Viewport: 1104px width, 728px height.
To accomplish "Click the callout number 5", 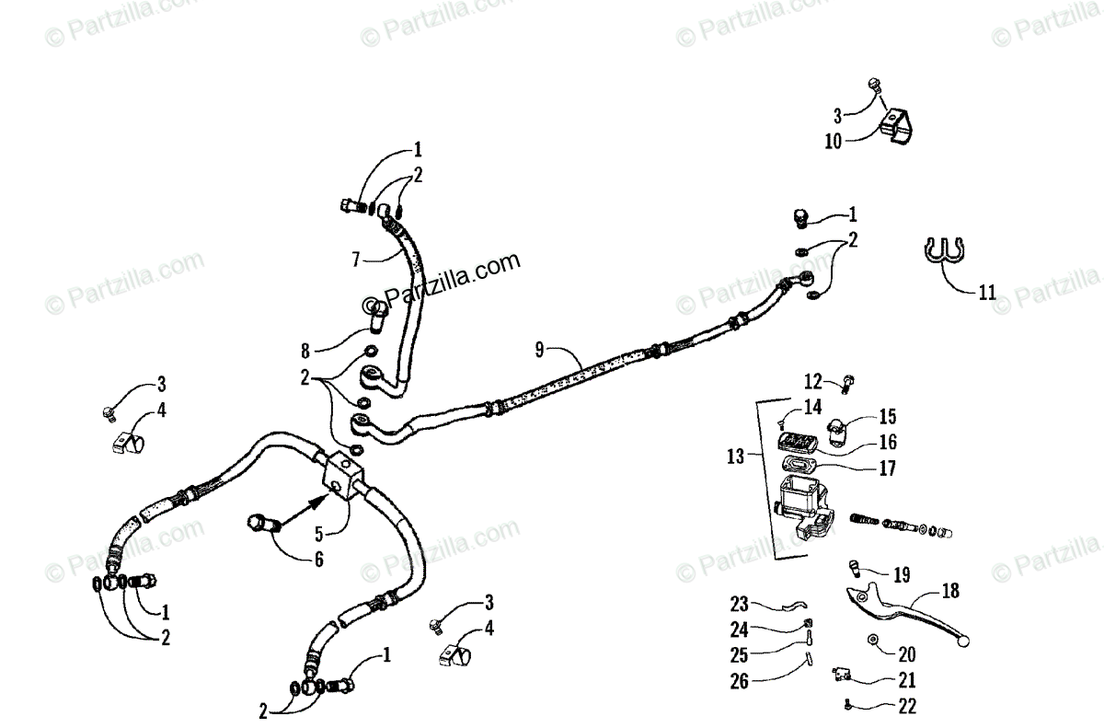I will pyautogui.click(x=319, y=533).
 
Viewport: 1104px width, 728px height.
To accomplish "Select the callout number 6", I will pyautogui.click(x=319, y=559).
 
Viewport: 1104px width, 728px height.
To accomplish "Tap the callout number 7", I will pyautogui.click(x=356, y=260).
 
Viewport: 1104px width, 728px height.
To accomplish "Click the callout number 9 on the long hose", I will pyautogui.click(x=540, y=349).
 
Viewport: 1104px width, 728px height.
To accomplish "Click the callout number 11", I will pyautogui.click(x=986, y=294).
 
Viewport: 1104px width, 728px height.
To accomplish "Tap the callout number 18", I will pyautogui.click(x=949, y=592).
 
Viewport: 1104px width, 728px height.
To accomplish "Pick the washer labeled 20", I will pyautogui.click(x=870, y=639).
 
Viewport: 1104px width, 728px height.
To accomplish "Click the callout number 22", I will pyautogui.click(x=908, y=707).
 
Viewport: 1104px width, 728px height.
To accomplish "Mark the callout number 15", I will pyautogui.click(x=887, y=417).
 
